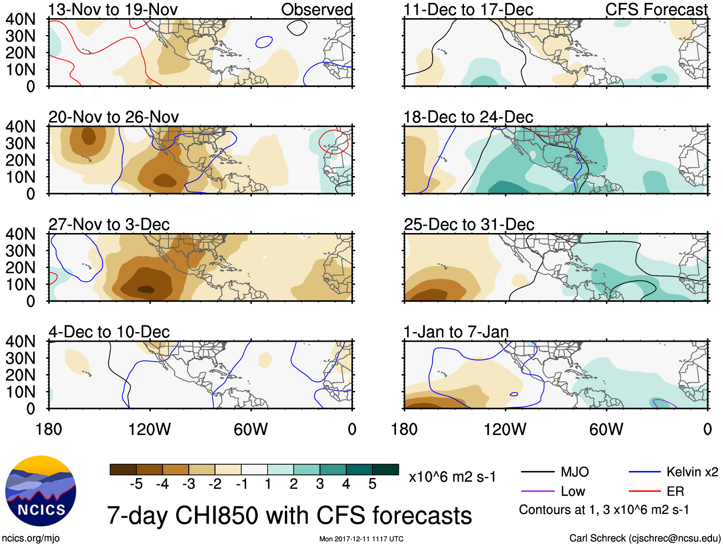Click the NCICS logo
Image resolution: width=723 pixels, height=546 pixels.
coord(41,490)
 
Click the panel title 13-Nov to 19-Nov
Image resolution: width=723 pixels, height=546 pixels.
coord(113,10)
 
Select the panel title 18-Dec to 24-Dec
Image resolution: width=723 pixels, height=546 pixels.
coord(468,117)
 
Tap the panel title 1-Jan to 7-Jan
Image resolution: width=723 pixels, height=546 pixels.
coord(456,332)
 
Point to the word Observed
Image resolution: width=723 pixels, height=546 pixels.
coord(316,10)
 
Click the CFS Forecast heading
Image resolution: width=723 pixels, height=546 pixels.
coord(656,10)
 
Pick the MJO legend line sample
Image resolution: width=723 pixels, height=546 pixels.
coord(537,472)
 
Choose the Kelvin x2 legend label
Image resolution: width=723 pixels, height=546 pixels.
coord(692,472)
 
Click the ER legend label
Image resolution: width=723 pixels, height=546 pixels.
coord(675,491)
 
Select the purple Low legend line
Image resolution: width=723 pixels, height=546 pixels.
coord(537,491)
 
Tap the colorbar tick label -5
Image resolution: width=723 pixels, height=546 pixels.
coord(136,484)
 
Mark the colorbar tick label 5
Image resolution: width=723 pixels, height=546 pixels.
coord(373,484)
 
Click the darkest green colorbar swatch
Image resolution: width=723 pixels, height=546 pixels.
coord(385,469)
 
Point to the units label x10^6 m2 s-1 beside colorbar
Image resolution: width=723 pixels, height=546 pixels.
coord(452,477)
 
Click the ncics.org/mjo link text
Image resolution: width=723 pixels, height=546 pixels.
coord(31,538)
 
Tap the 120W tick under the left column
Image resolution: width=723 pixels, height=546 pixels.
coord(149,429)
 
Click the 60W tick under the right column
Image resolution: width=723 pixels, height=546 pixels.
coord(606,429)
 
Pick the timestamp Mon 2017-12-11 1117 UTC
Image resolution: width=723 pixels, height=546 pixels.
coord(361,539)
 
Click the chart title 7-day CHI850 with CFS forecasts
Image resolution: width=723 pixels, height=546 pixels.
coord(289,516)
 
